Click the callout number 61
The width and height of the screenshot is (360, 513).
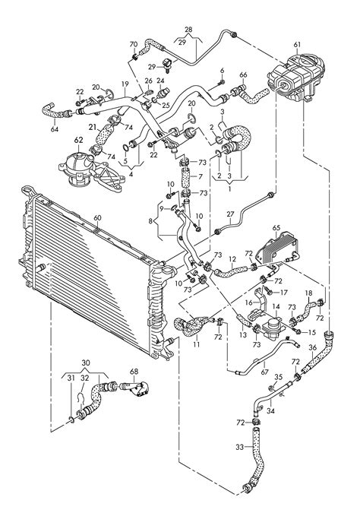[x=297, y=44]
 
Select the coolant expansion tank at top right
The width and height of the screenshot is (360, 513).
[x=296, y=77]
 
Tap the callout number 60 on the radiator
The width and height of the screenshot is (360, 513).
[x=97, y=218]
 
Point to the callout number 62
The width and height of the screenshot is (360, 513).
[x=78, y=141]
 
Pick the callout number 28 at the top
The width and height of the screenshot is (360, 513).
[x=188, y=30]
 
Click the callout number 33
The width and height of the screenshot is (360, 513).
[x=239, y=446]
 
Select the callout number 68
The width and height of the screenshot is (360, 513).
[x=134, y=372]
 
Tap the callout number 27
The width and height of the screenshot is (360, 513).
[x=231, y=214]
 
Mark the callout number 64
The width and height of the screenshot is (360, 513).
[x=54, y=129]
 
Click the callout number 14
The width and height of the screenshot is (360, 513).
[x=276, y=306]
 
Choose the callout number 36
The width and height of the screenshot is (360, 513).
[x=313, y=348]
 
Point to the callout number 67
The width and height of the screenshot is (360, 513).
[x=264, y=372]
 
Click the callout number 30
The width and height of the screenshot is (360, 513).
[x=85, y=363]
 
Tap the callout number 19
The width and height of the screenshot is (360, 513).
[x=125, y=84]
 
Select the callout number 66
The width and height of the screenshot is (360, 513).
[x=243, y=74]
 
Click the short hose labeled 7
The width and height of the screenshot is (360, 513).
[x=186, y=177]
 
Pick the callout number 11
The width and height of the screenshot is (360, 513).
[x=197, y=344]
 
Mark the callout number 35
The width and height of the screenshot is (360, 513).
[x=278, y=377]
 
